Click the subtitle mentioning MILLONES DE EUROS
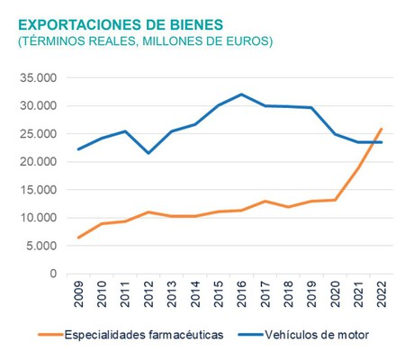145,41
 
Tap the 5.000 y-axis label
41,246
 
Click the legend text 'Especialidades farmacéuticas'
140,335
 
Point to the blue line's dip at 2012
149,153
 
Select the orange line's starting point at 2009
79,238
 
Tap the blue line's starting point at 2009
79,149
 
